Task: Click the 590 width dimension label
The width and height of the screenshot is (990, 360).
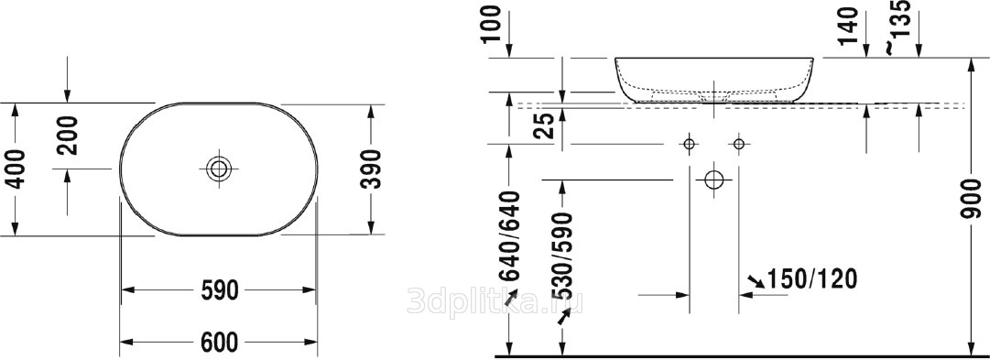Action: [x=219, y=290]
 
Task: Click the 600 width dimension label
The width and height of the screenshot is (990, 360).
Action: [x=219, y=343]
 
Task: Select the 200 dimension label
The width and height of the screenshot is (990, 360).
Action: [x=67, y=136]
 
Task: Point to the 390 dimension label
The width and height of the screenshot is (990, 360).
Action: [x=371, y=169]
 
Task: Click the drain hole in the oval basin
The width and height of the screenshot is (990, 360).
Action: [x=220, y=169]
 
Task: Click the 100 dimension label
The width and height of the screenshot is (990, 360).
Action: [x=494, y=24]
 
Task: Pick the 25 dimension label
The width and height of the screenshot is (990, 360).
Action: [x=547, y=125]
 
